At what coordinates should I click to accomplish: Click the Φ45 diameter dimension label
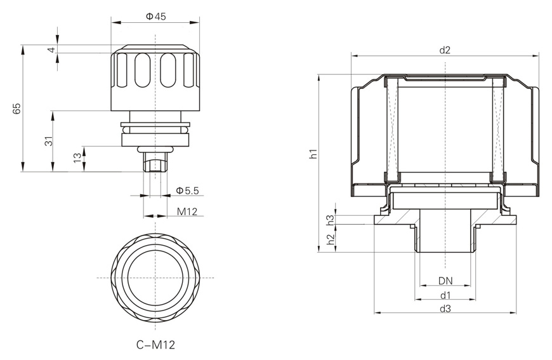coord(155,17)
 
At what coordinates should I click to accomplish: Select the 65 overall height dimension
coord(17,109)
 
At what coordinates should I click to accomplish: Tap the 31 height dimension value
coord(48,141)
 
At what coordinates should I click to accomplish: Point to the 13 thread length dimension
coord(77,158)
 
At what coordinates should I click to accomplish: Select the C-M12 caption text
coord(155,345)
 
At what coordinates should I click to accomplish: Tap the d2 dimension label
coord(444,50)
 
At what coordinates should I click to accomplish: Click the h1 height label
coord(313,154)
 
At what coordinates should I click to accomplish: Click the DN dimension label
coord(445,281)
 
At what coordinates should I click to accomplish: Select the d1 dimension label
coord(445,295)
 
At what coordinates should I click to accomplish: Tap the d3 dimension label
coord(445,309)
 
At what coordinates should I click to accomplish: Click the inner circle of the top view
coord(155,278)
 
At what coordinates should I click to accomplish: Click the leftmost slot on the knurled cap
coord(122,70)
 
